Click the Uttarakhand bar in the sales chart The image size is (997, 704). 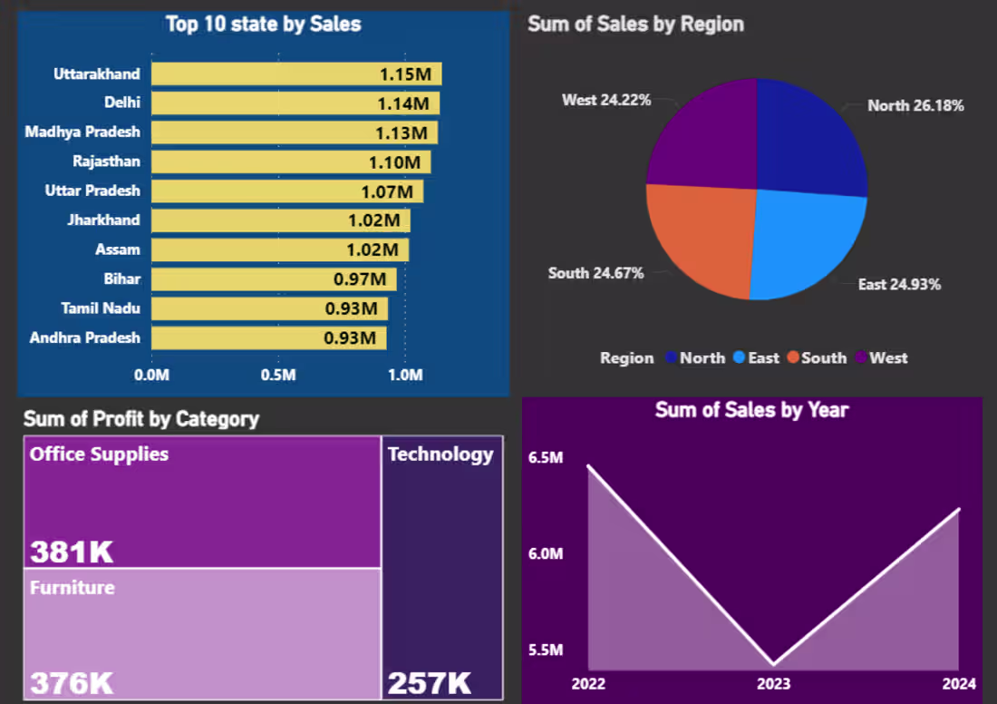tap(295, 74)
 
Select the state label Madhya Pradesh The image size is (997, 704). tap(82, 132)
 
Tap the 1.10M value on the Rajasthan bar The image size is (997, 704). tap(393, 162)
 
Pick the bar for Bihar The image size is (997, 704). tap(273, 279)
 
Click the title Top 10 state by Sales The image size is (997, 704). tap(263, 24)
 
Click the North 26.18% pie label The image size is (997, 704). tap(915, 106)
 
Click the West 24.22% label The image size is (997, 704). tap(606, 100)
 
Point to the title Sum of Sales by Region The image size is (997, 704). tap(635, 24)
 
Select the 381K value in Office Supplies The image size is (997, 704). tap(72, 552)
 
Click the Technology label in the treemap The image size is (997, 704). tap(440, 455)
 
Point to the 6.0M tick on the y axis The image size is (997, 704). tap(546, 553)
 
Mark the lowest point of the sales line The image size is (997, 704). tap(773, 665)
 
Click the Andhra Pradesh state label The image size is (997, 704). tap(84, 338)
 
